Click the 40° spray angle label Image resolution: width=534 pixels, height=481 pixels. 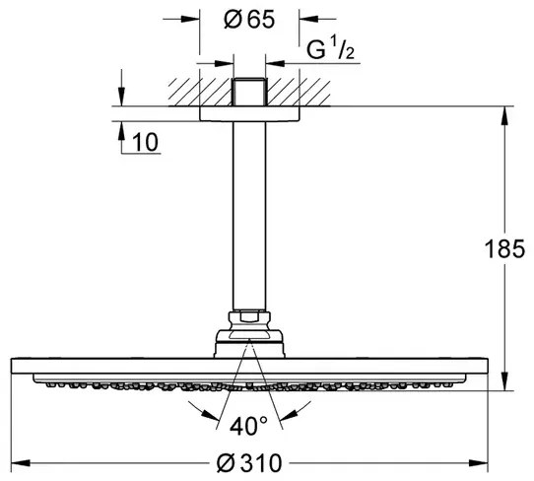[249, 426]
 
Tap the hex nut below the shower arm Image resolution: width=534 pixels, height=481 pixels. [249, 320]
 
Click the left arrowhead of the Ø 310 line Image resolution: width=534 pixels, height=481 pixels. [31, 460]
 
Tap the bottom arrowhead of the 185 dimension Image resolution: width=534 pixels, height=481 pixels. [505, 384]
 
